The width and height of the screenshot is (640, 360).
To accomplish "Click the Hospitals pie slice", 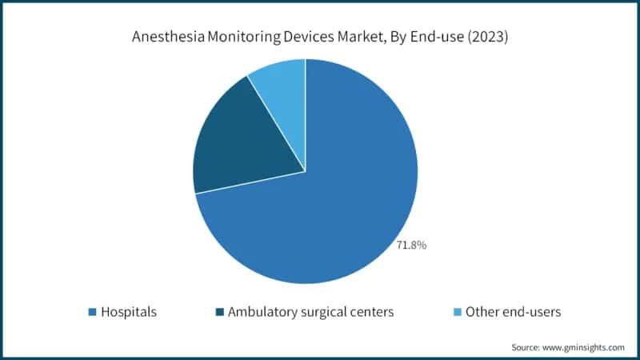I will click(336, 200).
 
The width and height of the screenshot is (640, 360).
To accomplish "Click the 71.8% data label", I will click(411, 245).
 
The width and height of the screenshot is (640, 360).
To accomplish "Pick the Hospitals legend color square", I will click(91, 312).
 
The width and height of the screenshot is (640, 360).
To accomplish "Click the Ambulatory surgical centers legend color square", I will click(218, 312).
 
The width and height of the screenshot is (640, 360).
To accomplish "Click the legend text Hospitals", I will click(128, 312).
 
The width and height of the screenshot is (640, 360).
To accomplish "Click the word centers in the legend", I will click(374, 312).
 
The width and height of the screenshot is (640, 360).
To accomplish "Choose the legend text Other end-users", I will click(512, 312).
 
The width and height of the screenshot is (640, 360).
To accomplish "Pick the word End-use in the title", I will click(430, 36).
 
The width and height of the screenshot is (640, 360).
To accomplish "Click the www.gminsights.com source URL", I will click(584, 347).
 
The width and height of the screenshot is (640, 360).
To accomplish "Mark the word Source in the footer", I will click(527, 347).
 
